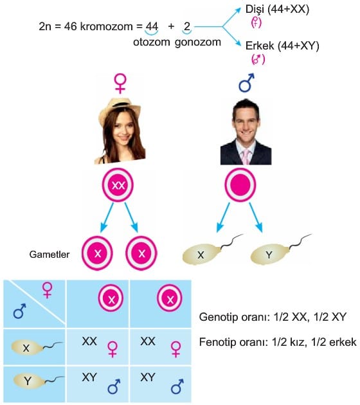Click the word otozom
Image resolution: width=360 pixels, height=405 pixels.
151,42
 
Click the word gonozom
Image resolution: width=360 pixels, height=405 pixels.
198,42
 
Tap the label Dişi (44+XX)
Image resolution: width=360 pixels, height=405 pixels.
277,10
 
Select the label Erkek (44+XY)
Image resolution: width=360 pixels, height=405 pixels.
282,46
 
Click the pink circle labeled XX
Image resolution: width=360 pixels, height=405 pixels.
118,184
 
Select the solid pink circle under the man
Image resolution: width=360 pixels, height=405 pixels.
240,184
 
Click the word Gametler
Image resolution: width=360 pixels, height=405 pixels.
50,255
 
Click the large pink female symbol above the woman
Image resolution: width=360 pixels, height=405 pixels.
120,83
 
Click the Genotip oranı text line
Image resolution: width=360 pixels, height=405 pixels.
273,317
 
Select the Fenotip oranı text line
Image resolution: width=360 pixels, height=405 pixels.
278,342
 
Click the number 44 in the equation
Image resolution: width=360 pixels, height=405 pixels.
152,26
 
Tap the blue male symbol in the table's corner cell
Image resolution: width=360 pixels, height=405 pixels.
20,311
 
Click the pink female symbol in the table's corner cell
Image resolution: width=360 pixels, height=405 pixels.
48,290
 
